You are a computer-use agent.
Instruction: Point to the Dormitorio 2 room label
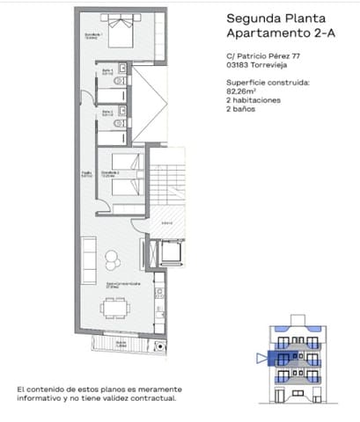pyautogui.click(x=109, y=173)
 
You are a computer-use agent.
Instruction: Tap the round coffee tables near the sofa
pyautogui.click(x=114, y=261)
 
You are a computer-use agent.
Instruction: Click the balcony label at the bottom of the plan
pyautogui.click(x=119, y=346)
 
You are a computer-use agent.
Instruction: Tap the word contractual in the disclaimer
pyautogui.click(x=152, y=397)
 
